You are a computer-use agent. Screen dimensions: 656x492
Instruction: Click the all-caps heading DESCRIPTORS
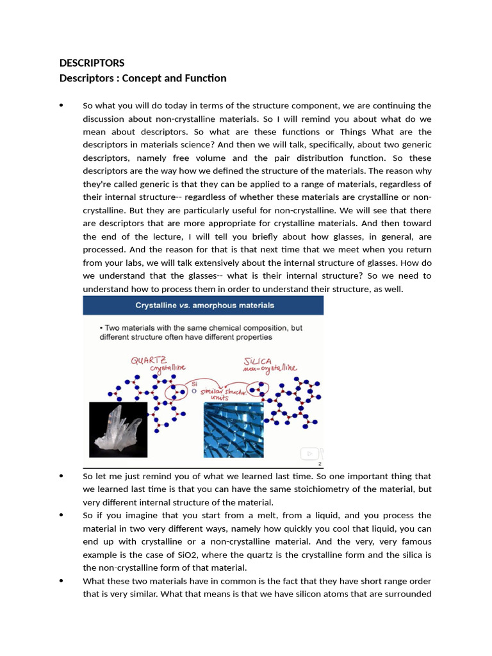[92, 63]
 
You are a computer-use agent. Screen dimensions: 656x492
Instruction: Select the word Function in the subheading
[204, 78]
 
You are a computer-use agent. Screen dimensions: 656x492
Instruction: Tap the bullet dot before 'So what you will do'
[61, 105]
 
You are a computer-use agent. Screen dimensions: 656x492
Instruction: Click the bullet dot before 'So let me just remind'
[61, 476]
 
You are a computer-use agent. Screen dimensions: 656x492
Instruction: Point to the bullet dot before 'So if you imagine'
[61, 515]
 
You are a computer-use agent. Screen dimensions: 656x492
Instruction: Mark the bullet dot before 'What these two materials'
[61, 580]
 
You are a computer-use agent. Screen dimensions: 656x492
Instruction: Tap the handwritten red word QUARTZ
[149, 360]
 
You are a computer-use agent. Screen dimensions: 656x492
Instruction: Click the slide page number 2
[319, 464]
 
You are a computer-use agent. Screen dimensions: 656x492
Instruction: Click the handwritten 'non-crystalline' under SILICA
[270, 368]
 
